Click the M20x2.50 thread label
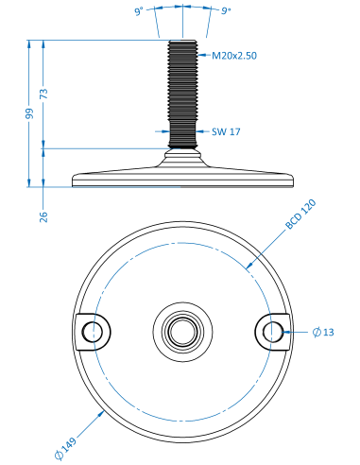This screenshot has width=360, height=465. pos(234,56)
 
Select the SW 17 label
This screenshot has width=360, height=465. pos(226,131)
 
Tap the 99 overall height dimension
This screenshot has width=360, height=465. pos(29,113)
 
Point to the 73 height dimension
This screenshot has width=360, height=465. pos(43,94)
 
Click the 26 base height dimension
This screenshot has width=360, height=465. pos(43,216)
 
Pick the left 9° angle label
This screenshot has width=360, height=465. pos(139,11)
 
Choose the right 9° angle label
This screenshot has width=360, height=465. pos(226,11)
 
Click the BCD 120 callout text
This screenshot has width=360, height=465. pos(300,214)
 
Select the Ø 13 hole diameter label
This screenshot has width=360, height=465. pos(323,332)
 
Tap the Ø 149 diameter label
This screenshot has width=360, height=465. pos(65,448)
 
